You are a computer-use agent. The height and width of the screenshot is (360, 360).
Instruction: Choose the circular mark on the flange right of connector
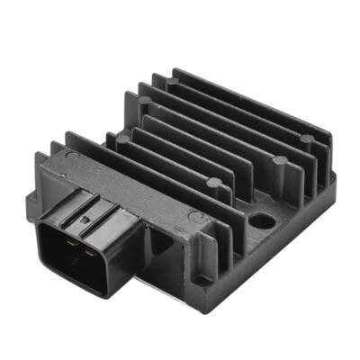pos(193,217)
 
